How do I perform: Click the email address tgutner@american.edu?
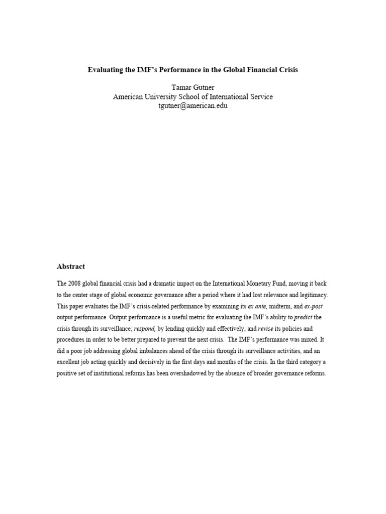coord(193,106)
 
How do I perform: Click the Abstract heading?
coord(71,267)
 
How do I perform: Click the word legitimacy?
coord(312,295)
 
